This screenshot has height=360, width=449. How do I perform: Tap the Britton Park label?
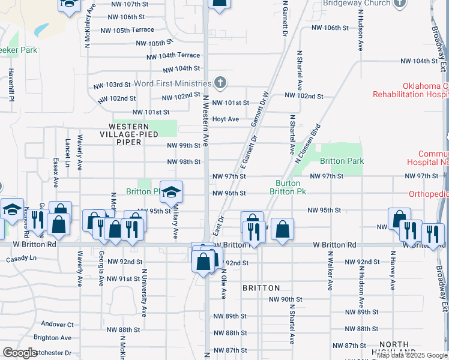pos(342,161)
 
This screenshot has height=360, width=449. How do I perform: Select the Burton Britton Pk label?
pos(291,187)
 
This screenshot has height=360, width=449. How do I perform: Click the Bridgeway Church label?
pos(348,3)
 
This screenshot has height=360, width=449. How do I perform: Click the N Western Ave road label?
pos(205,120)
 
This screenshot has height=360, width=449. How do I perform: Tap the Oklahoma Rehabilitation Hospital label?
pos(411,90)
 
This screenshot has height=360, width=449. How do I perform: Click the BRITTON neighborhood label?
pos(261,288)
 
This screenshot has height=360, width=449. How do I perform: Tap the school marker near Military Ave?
pos(172,193)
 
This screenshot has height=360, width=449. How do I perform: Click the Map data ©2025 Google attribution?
pos(412,355)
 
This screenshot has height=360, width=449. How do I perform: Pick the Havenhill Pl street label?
pos(11,83)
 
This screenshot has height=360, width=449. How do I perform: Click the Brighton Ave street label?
pos(53,338)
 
